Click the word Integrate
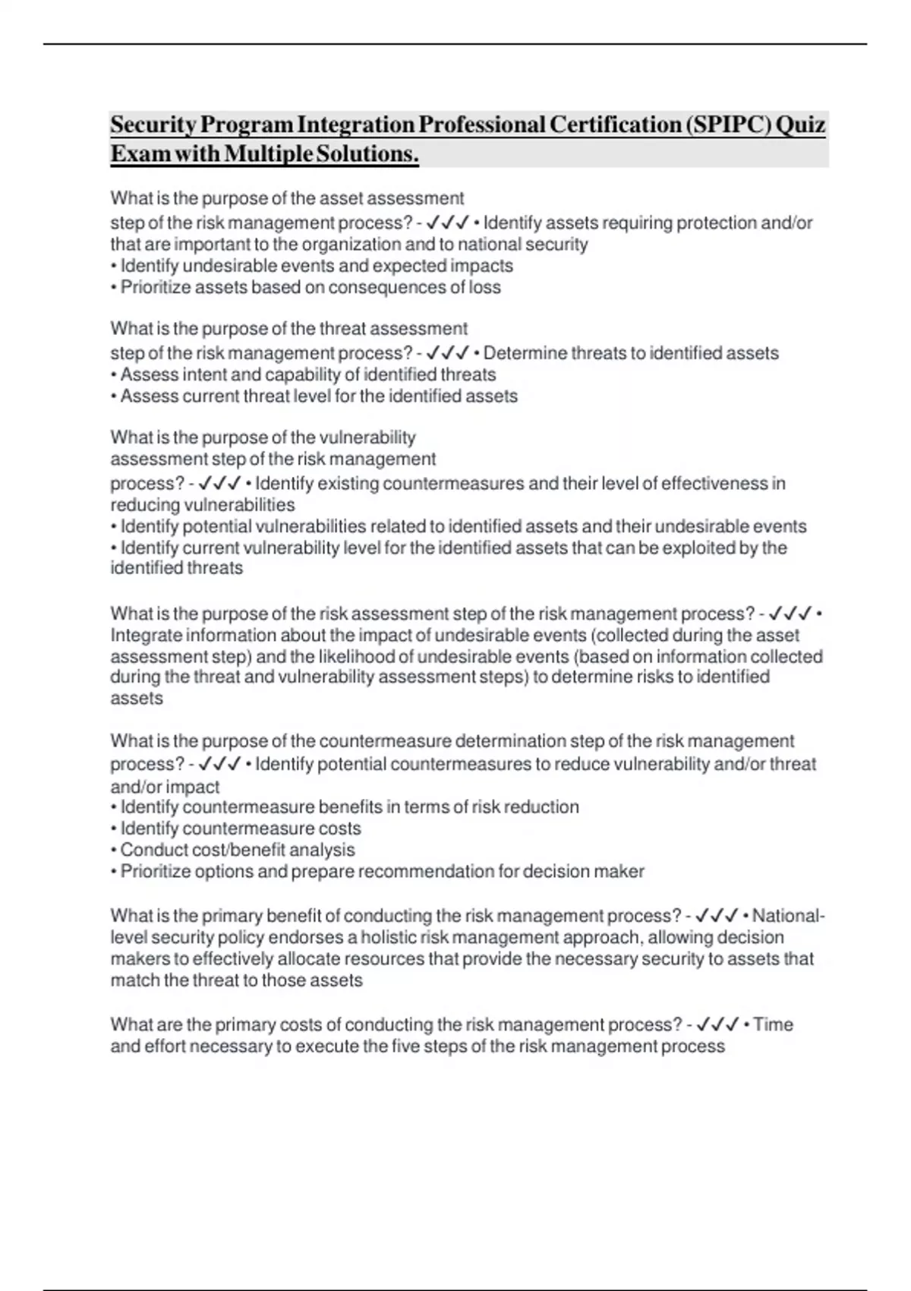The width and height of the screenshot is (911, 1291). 146,636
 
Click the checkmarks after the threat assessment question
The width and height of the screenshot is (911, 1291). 447,354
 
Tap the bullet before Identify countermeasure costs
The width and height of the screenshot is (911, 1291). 114,829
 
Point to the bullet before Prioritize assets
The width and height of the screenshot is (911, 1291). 114,288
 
